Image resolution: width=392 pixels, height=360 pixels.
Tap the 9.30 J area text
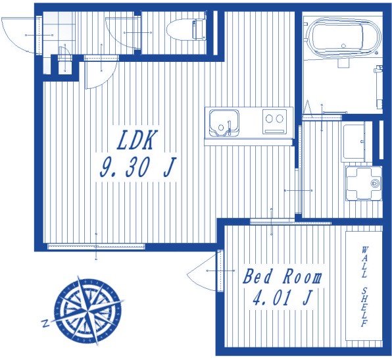(137, 167)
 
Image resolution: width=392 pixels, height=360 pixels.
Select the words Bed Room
(283, 276)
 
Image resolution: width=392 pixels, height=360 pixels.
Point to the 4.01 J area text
(282, 297)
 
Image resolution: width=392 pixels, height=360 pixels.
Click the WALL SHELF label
(364, 287)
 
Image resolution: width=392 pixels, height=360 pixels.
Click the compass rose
(88, 309)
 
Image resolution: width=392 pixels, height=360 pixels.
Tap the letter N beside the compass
(45, 323)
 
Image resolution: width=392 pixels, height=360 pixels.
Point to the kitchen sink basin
(224, 123)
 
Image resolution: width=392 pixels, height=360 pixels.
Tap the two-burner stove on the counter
(274, 121)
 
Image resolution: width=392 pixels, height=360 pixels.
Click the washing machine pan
(364, 184)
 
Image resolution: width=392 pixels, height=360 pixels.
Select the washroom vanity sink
(355, 141)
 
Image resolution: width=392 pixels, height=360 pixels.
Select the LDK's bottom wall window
(96, 246)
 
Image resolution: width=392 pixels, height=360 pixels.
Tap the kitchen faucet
(229, 128)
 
